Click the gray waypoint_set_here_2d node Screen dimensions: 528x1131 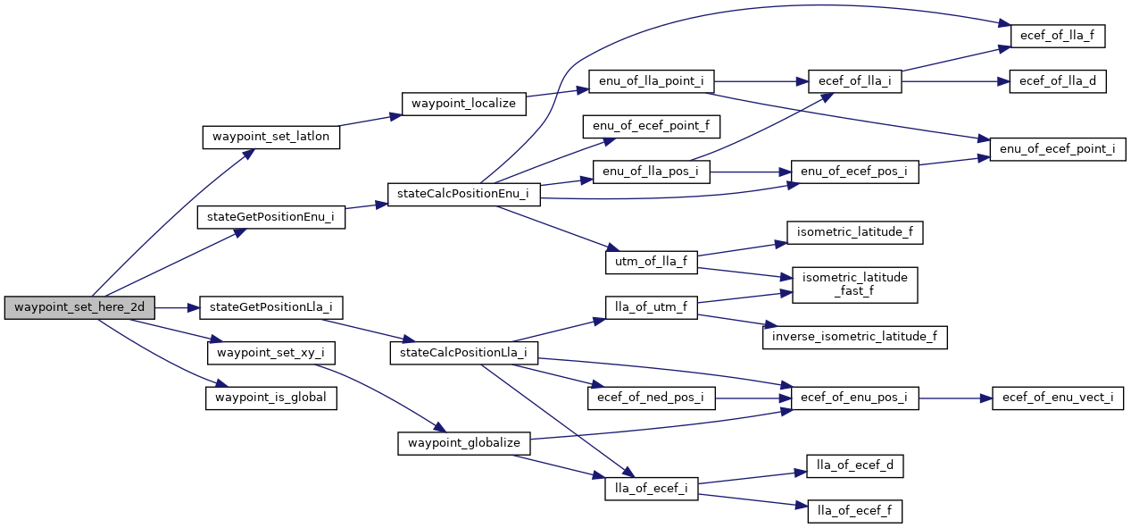[79, 308]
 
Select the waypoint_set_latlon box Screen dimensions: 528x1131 [271, 138]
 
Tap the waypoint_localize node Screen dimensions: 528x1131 [464, 103]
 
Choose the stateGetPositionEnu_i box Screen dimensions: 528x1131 [270, 216]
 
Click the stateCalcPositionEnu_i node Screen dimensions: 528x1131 [463, 194]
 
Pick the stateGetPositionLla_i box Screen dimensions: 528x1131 [270, 308]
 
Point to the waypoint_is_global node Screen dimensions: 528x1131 [271, 398]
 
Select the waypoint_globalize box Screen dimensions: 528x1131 [464, 443]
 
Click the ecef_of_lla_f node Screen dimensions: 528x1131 [1058, 37]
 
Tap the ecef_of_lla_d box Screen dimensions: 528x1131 [1058, 81]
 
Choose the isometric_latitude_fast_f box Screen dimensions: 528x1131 [854, 284]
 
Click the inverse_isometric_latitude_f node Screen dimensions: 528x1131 [854, 337]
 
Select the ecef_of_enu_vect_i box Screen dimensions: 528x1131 [1057, 398]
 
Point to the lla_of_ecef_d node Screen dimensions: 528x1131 [854, 465]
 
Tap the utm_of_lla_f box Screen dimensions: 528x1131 [651, 262]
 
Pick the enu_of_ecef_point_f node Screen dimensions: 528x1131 [651, 126]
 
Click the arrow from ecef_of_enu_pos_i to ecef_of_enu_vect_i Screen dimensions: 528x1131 [955, 398]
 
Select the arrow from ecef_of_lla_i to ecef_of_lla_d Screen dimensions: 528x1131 [955, 81]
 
